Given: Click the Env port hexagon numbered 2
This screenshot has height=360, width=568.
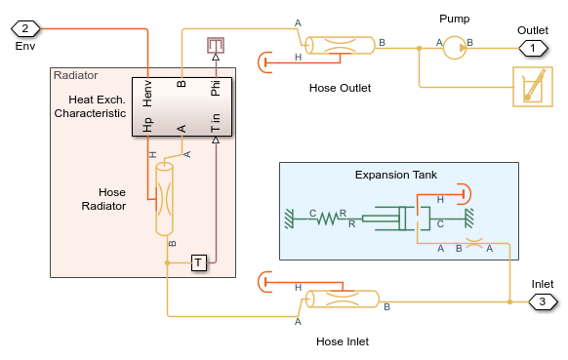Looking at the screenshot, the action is (x=25, y=28).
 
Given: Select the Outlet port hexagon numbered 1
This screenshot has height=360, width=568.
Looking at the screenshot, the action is (x=533, y=48).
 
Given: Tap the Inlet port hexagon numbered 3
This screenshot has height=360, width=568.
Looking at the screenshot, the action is (x=543, y=301).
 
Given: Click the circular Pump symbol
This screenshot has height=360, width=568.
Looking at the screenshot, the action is (x=455, y=48).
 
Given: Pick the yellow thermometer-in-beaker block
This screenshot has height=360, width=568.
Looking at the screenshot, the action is (x=533, y=87).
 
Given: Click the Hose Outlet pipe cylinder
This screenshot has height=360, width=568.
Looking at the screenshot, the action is (x=340, y=45).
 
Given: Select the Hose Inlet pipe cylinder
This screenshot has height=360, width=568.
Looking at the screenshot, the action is (x=343, y=300).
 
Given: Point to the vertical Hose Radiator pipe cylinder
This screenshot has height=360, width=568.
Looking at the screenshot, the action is (x=164, y=199).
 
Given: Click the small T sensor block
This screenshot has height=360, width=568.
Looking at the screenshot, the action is (x=199, y=262).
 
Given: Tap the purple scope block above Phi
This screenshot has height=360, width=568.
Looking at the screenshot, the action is (x=216, y=46).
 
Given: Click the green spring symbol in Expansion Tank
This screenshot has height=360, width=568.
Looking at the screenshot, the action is (x=328, y=219).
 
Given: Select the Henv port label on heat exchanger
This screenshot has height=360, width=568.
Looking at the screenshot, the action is (x=147, y=94).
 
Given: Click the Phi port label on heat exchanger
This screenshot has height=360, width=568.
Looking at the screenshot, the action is (x=215, y=88).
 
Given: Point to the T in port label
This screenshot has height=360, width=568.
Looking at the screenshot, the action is (x=215, y=122).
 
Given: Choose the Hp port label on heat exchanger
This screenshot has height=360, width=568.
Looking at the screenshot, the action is (x=147, y=125).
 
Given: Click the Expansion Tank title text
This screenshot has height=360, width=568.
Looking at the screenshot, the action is (x=396, y=175).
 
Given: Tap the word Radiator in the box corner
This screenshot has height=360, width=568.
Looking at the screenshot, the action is (x=76, y=75).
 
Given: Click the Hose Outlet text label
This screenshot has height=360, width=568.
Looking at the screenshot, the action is (x=340, y=88).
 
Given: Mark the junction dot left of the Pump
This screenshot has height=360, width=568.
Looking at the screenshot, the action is (x=419, y=48).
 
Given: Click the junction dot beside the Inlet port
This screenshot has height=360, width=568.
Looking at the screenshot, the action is (x=509, y=301).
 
